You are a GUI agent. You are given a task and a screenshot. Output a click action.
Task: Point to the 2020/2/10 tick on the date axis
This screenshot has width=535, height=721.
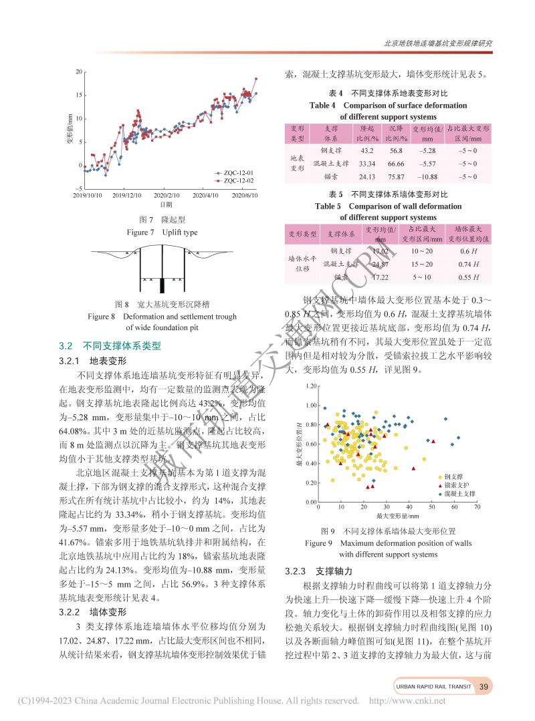click(x=167, y=196)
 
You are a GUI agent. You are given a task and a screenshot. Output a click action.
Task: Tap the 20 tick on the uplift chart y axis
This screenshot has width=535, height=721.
click(x=79, y=71)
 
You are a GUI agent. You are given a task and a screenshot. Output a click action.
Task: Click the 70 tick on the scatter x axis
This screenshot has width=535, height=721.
click(x=477, y=508)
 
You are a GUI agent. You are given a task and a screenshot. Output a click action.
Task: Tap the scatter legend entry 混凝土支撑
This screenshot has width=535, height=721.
click(x=455, y=493)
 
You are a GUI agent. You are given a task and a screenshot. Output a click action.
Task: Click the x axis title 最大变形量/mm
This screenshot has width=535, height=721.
click(x=398, y=517)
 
